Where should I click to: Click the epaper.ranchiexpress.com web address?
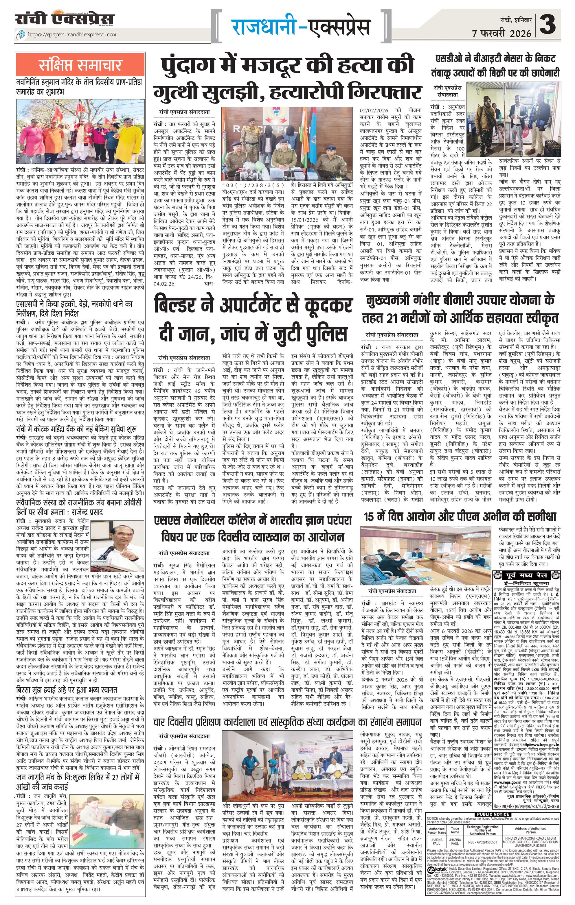coord(71,35)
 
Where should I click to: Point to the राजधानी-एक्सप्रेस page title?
coord(300,27)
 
